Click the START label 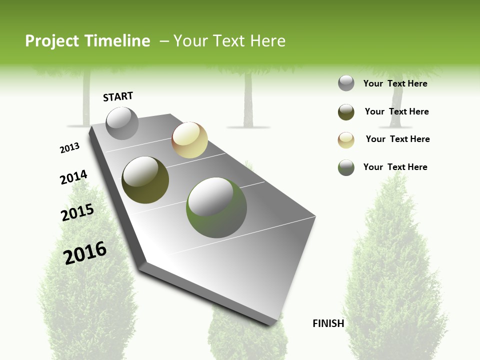tap(118, 96)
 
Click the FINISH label tap(328, 323)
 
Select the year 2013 tap(69, 148)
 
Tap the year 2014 tap(73, 177)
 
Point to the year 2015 tap(77, 212)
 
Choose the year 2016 tap(85, 252)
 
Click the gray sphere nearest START tap(122, 123)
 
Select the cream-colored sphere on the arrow tap(189, 140)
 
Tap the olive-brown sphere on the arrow tap(145, 180)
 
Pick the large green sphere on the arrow tap(216, 207)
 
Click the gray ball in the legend tap(346, 83)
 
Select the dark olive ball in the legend tap(346, 112)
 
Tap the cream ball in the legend tap(346, 140)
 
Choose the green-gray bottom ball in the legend tap(346, 167)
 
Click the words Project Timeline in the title tap(87, 41)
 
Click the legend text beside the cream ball tap(397, 139)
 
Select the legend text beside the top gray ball tap(395, 83)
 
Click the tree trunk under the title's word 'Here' tap(248, 100)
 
